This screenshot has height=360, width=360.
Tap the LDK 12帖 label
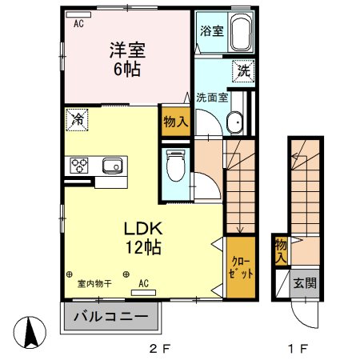pos(143,236)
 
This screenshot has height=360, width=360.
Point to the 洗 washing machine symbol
pos(243,70)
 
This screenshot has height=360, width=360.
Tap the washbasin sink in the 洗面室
pos(235,122)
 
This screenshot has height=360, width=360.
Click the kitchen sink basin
pos(110,166)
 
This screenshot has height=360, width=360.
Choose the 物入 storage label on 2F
pos(175,122)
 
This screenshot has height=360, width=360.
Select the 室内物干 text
pos(94,283)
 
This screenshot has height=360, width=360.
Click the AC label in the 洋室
pos(79,24)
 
